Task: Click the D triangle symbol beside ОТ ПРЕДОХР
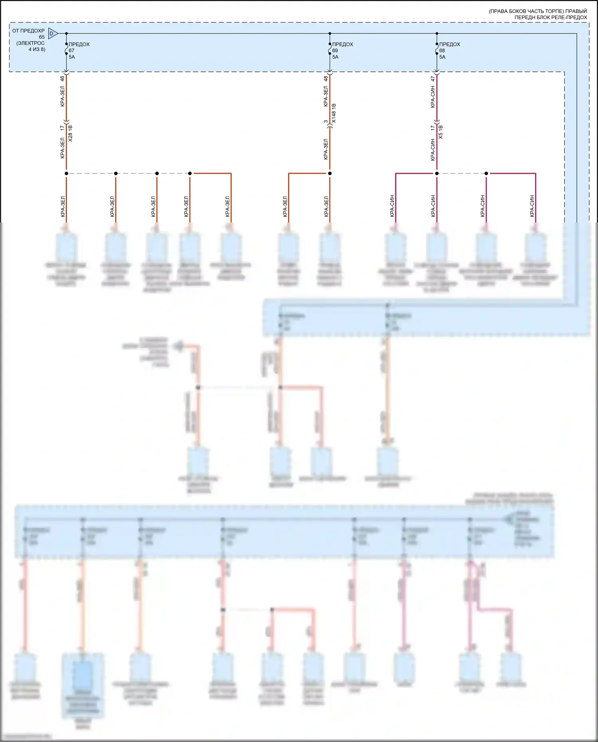[x=52, y=33]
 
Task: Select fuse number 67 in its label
[x=71, y=51]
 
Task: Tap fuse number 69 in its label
[x=335, y=51]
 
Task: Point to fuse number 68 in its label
[x=442, y=51]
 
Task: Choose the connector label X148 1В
[x=334, y=113]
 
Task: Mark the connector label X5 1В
[x=441, y=132]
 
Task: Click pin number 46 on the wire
[x=62, y=79]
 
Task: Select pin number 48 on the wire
[x=326, y=79]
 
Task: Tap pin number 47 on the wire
[x=433, y=79]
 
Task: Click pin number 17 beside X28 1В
[x=62, y=128]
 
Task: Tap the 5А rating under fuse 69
[x=335, y=57]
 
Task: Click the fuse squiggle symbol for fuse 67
[x=66, y=50]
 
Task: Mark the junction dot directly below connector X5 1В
[x=437, y=173]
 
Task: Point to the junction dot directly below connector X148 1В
[x=330, y=173]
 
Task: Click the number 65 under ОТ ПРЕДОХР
[x=42, y=37]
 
